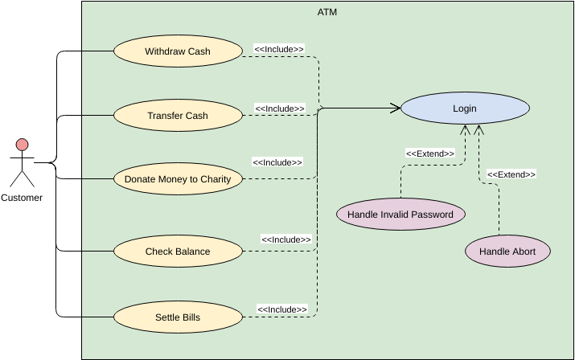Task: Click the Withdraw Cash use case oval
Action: point(178,51)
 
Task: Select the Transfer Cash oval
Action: point(178,116)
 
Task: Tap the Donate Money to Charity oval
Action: point(178,179)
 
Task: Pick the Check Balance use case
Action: point(178,252)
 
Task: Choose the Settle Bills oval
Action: point(178,317)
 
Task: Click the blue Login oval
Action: point(465,108)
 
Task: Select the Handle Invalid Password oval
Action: point(400,215)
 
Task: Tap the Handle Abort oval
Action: point(507,252)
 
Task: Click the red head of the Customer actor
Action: point(22,145)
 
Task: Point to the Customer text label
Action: point(22,198)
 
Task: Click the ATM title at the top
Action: point(327,12)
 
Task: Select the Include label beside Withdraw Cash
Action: point(279,49)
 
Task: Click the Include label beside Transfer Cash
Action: point(280,108)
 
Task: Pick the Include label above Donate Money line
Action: point(277,162)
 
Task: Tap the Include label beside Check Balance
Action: point(286,239)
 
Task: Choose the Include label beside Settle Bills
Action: point(282,309)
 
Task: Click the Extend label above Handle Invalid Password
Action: point(430,153)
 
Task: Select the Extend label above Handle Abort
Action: point(511,174)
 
